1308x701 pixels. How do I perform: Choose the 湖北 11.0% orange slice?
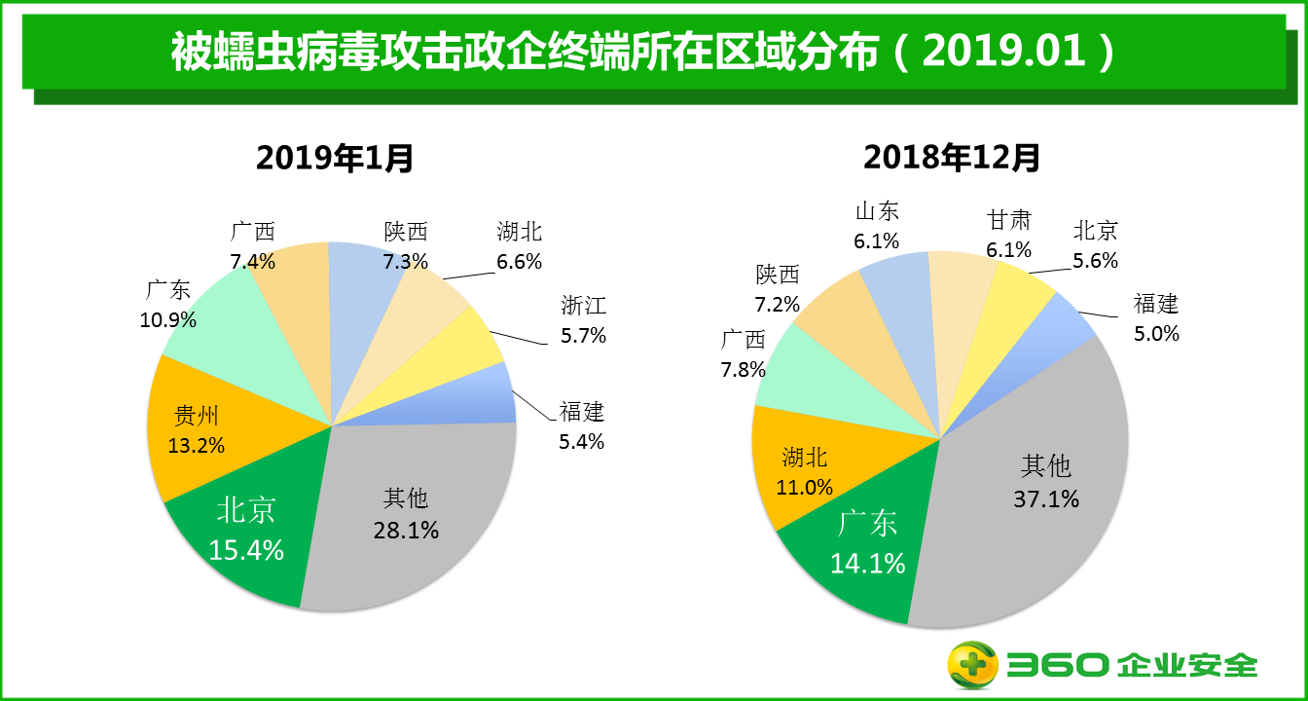806,471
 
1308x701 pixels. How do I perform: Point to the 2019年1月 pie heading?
334,157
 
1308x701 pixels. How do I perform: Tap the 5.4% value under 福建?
581,441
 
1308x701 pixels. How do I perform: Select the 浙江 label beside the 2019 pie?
583,306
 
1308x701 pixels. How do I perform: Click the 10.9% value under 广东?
168,319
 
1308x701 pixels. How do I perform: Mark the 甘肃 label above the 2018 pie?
1008,221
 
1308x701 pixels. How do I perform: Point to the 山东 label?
877,211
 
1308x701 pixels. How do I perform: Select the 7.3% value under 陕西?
405,261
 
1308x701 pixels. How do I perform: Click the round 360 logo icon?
973,665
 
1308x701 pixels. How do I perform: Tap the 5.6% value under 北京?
1095,260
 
